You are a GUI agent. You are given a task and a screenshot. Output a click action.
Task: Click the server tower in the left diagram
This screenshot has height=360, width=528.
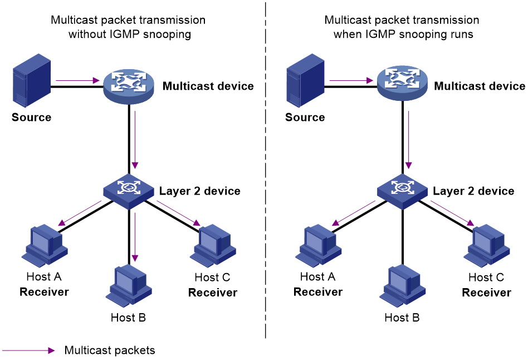pyautogui.click(x=32, y=81)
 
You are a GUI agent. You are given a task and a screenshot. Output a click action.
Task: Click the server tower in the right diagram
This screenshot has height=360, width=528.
pyautogui.click(x=305, y=81)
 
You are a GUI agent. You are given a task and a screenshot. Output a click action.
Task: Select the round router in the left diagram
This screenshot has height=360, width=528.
pyautogui.click(x=129, y=86)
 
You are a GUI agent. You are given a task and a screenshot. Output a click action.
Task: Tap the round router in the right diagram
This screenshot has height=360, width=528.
pyautogui.click(x=402, y=82)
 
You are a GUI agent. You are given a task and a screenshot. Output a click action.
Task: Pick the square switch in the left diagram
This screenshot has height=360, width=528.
pyautogui.click(x=129, y=191)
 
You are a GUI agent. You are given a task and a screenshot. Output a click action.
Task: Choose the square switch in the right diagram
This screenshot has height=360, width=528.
pyautogui.click(x=402, y=191)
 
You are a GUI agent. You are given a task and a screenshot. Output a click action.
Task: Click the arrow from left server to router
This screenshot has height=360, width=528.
pyautogui.click(x=77, y=81)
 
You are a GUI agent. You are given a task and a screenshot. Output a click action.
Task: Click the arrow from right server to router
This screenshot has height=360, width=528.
pyautogui.click(x=351, y=81)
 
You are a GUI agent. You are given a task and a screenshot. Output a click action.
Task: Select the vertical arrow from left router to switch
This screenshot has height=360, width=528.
pyautogui.click(x=135, y=139)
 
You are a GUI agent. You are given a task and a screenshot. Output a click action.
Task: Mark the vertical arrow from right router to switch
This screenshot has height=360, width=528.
pyautogui.click(x=408, y=139)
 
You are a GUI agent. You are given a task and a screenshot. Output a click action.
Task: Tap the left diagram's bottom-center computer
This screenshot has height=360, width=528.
pyautogui.click(x=129, y=285)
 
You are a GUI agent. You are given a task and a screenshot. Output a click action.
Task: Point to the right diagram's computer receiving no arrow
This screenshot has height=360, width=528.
pyautogui.click(x=403, y=285)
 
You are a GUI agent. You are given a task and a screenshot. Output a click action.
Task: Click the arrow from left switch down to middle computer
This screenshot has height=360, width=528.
pyautogui.click(x=135, y=237)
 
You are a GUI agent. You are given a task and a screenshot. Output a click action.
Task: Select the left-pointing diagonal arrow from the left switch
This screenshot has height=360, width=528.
pyautogui.click(x=80, y=213)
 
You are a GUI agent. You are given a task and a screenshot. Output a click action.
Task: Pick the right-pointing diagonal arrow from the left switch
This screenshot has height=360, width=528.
pyautogui.click(x=178, y=213)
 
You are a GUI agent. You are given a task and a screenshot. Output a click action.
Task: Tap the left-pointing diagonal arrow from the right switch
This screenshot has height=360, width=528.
pyautogui.click(x=354, y=213)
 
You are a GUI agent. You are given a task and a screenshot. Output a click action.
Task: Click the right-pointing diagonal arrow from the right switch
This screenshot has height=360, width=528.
pyautogui.click(x=452, y=213)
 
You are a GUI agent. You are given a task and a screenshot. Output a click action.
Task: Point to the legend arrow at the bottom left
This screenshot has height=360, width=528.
pyautogui.click(x=28, y=351)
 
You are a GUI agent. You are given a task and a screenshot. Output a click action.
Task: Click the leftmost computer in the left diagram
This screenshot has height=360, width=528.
pyautogui.click(x=45, y=246)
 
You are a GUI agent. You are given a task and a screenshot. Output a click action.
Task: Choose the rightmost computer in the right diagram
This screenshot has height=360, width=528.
pyautogui.click(x=487, y=246)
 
